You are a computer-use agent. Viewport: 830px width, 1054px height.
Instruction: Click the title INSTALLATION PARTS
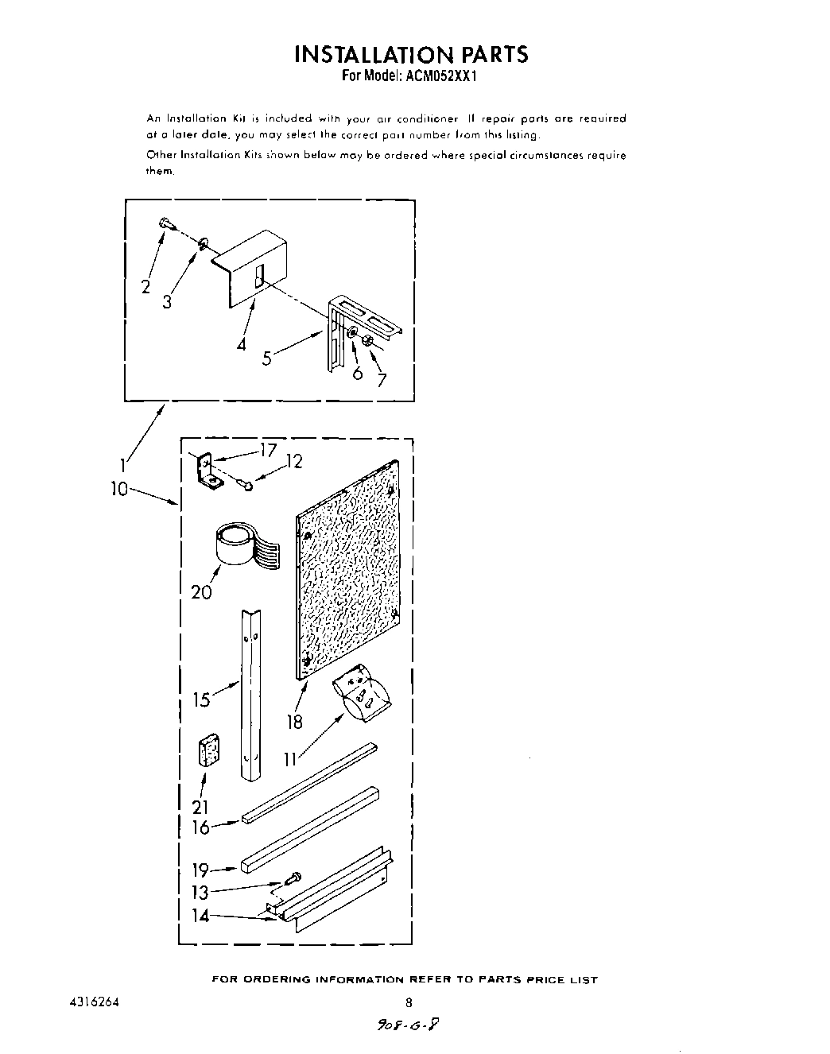[x=411, y=54]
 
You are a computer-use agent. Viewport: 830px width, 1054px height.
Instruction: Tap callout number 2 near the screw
[x=145, y=287]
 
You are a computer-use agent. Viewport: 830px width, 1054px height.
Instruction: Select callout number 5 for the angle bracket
[x=267, y=358]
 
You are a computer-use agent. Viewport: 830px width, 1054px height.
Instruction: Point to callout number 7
[x=382, y=380]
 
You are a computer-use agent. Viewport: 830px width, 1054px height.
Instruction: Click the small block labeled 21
[x=209, y=750]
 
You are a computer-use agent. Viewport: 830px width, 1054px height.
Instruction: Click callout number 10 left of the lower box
[x=119, y=490]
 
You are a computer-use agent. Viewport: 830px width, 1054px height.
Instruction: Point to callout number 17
[x=268, y=451]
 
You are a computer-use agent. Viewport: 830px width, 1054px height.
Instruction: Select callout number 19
[x=201, y=870]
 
